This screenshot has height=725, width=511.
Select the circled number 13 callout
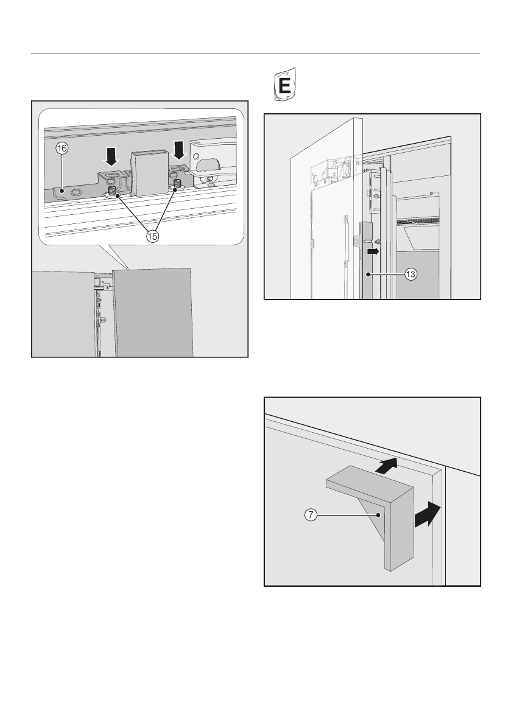(411, 275)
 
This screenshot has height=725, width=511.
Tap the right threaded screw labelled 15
(178, 183)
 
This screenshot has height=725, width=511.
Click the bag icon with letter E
(283, 85)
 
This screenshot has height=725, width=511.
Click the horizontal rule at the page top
(255, 54)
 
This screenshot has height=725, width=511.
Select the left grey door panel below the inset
(64, 313)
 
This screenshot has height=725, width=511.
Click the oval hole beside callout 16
(76, 192)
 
